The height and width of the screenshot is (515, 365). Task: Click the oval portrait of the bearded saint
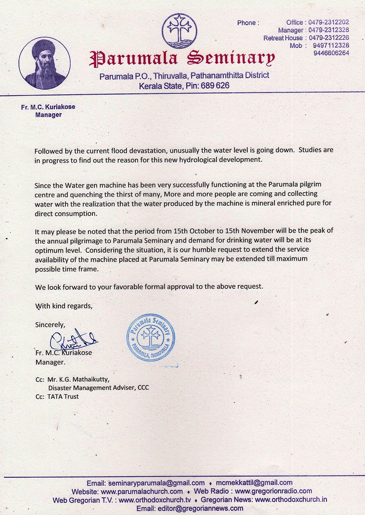45,63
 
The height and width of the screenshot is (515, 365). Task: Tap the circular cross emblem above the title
179,31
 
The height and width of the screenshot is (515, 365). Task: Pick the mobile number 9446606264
331,53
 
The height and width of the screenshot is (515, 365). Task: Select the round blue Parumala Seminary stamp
150,337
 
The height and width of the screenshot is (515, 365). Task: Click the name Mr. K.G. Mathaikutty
79,379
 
